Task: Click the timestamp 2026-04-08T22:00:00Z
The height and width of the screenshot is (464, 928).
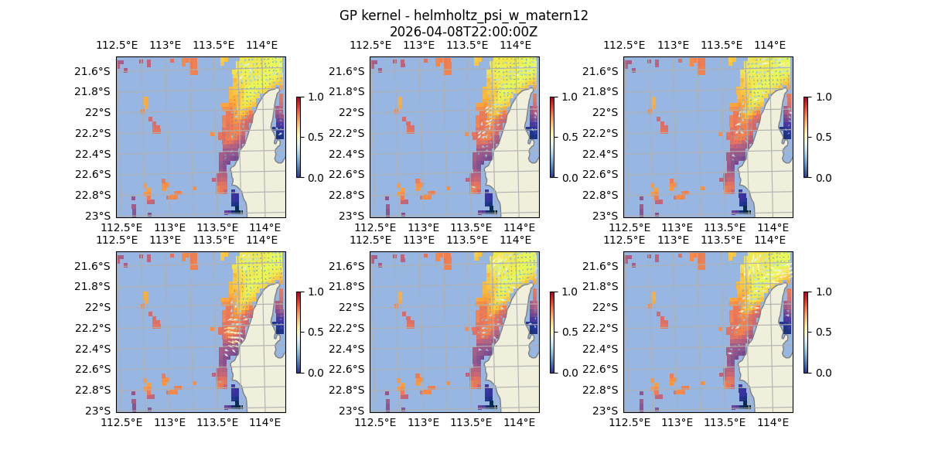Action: point(463,32)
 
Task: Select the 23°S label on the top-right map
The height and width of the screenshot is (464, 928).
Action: point(607,215)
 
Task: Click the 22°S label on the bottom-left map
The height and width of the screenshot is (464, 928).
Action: point(100,307)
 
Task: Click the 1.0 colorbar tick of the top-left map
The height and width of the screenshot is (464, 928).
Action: point(317,97)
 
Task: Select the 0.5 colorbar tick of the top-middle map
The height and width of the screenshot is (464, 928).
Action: point(571,137)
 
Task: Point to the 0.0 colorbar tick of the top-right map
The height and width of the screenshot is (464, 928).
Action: point(824,177)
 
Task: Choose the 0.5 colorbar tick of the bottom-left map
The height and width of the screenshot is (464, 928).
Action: point(317,332)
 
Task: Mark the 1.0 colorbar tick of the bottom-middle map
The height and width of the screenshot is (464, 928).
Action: point(571,292)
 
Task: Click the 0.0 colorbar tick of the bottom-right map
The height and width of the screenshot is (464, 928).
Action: point(824,372)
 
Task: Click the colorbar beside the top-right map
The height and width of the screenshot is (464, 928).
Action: point(806,137)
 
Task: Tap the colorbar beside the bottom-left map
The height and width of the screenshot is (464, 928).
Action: point(299,332)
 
